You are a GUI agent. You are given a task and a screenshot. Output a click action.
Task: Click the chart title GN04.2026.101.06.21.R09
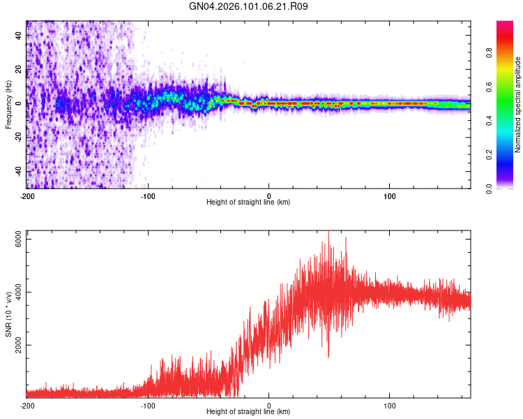coord(249,6)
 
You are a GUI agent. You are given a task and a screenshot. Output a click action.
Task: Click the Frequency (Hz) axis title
coord(8,105)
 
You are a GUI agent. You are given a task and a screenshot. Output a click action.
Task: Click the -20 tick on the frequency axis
coord(18,137)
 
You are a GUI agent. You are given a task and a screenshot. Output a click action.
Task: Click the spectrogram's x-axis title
coord(248,202)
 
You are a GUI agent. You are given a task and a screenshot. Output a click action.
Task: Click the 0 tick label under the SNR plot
coord(269,405)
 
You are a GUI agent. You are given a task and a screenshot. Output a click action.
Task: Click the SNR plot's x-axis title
coord(248,413)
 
